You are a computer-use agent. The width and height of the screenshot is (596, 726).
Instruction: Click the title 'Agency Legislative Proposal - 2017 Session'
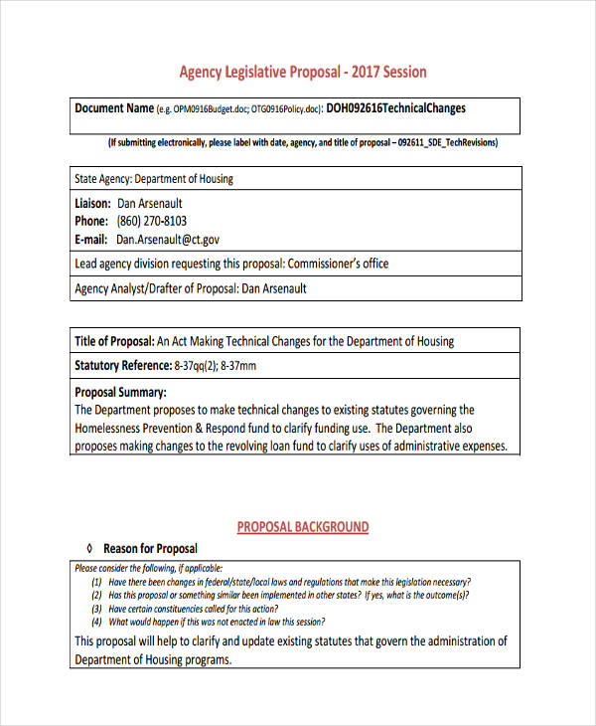(302, 72)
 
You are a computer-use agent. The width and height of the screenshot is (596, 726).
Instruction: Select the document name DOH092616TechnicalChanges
(395, 108)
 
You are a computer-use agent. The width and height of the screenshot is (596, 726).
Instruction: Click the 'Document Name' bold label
(114, 108)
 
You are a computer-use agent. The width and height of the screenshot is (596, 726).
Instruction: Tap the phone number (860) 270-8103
(151, 221)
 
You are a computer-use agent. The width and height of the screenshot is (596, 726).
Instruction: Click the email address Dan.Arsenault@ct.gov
(168, 240)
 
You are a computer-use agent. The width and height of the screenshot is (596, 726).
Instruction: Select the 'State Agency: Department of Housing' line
(154, 179)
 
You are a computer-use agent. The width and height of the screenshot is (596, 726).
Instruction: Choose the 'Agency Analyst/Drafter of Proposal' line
(191, 288)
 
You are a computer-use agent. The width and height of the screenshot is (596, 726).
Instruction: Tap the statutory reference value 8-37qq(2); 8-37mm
(211, 366)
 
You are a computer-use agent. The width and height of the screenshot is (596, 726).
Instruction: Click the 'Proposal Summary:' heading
(120, 392)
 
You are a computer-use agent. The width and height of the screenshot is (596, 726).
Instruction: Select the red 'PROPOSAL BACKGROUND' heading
(302, 527)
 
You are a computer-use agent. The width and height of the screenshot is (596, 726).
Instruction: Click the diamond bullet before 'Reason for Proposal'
(89, 548)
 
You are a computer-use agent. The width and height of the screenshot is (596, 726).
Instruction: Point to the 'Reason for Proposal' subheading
(150, 548)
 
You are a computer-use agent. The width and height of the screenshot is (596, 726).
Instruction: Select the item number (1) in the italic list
(96, 583)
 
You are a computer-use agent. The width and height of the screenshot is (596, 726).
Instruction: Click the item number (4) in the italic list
(96, 622)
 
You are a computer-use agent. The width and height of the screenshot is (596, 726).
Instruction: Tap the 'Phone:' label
(91, 221)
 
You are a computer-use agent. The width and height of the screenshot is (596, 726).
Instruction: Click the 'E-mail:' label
(92, 240)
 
